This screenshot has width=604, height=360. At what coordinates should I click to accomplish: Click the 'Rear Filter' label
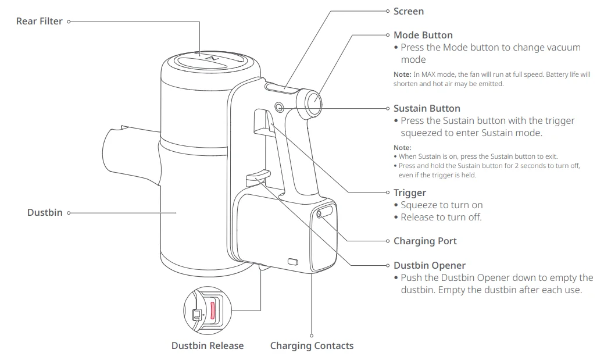pyautogui.click(x=39, y=22)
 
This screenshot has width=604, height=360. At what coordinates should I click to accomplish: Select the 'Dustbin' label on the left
pyautogui.click(x=44, y=213)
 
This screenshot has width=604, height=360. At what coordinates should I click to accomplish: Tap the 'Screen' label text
pyautogui.click(x=408, y=12)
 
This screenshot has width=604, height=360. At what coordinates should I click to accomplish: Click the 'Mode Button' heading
pyautogui.click(x=423, y=35)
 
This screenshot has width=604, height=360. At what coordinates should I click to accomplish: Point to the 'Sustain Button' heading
pyautogui.click(x=426, y=109)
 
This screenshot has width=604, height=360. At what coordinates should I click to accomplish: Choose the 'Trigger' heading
pyautogui.click(x=409, y=193)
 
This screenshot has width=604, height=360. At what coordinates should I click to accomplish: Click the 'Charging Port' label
pyautogui.click(x=424, y=241)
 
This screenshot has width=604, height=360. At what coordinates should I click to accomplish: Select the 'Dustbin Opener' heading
pyautogui.click(x=429, y=266)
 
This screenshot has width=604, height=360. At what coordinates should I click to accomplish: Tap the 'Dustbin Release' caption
pyautogui.click(x=208, y=346)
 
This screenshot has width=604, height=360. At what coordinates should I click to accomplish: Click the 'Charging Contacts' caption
pyautogui.click(x=312, y=346)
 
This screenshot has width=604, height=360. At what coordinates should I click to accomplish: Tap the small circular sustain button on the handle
pyautogui.click(x=277, y=107)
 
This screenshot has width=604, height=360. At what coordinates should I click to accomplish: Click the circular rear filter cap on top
pyautogui.click(x=210, y=60)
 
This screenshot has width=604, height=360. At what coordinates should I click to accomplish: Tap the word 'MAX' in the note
pyautogui.click(x=428, y=74)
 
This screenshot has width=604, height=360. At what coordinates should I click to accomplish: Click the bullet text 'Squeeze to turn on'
pyautogui.click(x=441, y=205)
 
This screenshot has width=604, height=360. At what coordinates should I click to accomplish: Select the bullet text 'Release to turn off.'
pyautogui.click(x=441, y=218)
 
